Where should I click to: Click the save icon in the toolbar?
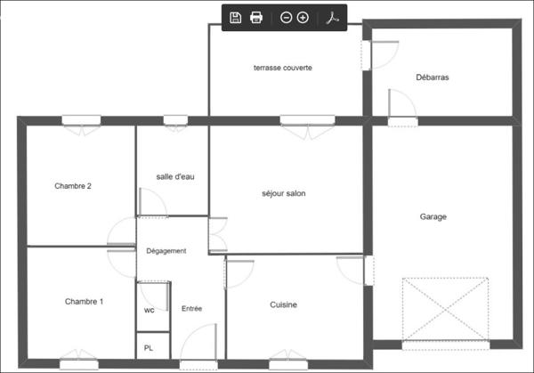coord(236,18)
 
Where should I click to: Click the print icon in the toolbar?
coord(256,18)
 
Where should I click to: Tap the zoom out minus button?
coord(286,18)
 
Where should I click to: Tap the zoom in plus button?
coord(303,18)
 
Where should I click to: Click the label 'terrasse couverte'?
coord(282,68)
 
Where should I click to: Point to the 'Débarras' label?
coord(433,77)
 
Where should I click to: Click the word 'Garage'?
coord(433,216)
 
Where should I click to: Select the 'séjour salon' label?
coord(284,193)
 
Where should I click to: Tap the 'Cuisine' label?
coord(283,305)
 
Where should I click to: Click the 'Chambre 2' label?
coord(73,186)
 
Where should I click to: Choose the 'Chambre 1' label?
coord(85,302)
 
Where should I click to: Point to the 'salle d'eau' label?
coord(175,176)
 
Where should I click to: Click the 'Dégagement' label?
coord(166,251)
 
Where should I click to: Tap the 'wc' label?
coord(149,311)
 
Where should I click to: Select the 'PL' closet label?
coord(149,347)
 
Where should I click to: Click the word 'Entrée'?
coord(191,309)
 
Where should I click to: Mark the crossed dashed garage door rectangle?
coord(445,308)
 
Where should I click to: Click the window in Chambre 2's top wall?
coord(80,120)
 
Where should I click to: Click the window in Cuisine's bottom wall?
coord(288,364)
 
